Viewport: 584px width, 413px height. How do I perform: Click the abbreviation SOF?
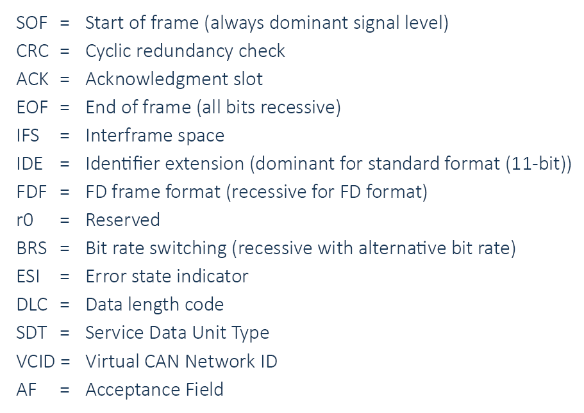(x=31, y=22)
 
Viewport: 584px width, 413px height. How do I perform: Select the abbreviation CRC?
(x=33, y=51)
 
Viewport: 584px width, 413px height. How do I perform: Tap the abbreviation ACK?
(x=33, y=79)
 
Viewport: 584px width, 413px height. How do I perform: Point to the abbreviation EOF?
(x=33, y=108)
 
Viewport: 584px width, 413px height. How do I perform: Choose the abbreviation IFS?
(x=28, y=136)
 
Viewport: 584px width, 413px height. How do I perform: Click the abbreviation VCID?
(x=36, y=361)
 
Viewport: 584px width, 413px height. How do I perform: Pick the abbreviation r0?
(x=25, y=220)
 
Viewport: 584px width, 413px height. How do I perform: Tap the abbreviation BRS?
(x=31, y=248)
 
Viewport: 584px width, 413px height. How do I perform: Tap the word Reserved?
(x=123, y=220)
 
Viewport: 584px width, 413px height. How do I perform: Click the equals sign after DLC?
(x=65, y=305)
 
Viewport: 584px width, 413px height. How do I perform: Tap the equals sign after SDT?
(x=65, y=334)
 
